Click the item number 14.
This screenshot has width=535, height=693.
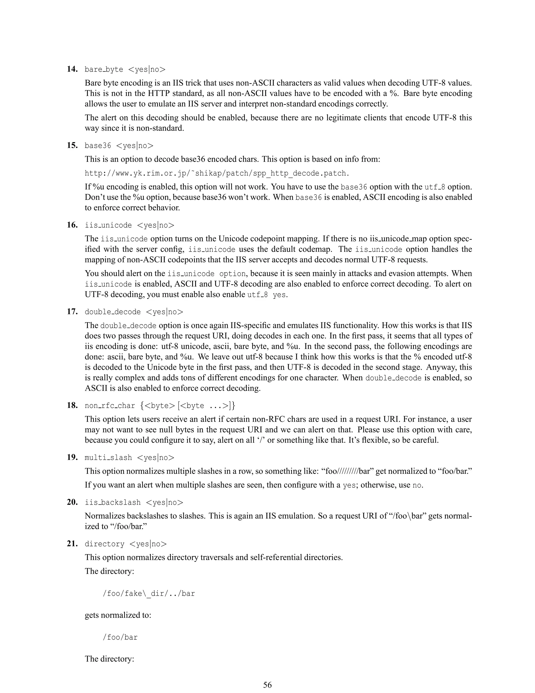tap(72, 69)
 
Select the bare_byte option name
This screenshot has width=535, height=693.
tap(104, 70)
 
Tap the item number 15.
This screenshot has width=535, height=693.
tap(72, 146)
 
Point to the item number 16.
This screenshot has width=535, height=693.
tap(72, 225)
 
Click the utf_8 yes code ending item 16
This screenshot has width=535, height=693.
tap(266, 295)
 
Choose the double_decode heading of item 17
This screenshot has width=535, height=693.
tap(113, 312)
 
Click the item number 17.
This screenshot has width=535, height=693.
tap(72, 312)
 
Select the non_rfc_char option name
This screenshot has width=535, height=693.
tap(110, 406)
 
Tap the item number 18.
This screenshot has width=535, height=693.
tap(72, 406)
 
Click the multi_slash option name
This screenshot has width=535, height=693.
tap(108, 458)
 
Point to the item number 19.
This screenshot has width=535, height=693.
tap(72, 458)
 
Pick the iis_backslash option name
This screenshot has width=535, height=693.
tap(113, 502)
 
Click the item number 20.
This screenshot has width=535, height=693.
tap(72, 502)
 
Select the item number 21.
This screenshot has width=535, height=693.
tap(72, 544)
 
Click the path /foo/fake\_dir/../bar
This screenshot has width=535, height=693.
tap(149, 593)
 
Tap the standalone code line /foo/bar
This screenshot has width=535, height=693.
tap(120, 637)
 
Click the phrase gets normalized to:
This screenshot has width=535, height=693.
tap(118, 615)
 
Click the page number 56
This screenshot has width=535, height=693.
tap(267, 685)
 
